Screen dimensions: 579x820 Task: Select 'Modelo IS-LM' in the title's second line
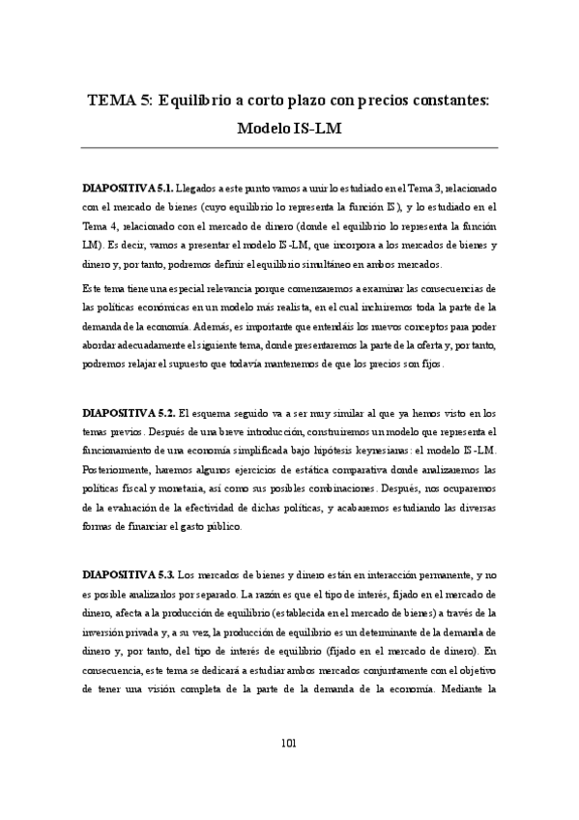tap(289, 127)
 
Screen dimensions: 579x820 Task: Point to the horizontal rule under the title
tap(289, 148)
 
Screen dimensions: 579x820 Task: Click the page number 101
tap(288, 743)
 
